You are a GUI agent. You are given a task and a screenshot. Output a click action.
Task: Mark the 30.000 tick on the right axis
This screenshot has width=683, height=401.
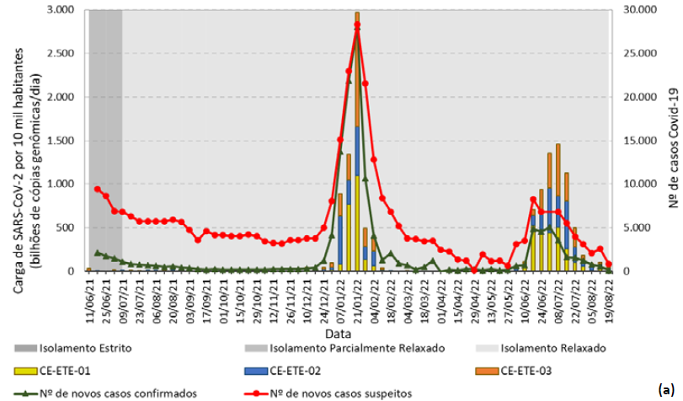pyautogui.click(x=637, y=10)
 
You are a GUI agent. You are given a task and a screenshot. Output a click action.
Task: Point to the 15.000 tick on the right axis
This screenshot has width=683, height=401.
pyautogui.click(x=637, y=141)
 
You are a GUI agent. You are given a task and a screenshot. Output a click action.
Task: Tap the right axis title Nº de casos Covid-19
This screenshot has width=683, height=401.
pyautogui.click(x=672, y=141)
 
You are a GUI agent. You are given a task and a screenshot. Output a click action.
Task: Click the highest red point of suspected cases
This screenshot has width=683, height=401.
pyautogui.click(x=357, y=25)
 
